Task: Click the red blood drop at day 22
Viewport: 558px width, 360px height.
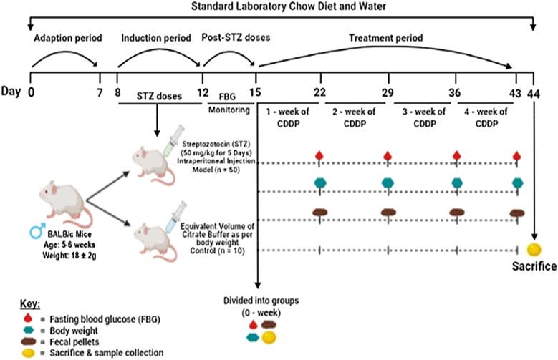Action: coord(320,155)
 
